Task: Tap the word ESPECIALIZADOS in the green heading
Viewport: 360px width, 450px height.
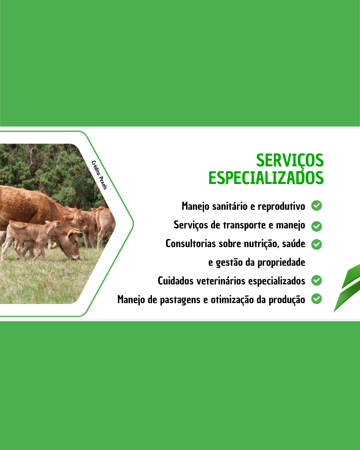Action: point(266,178)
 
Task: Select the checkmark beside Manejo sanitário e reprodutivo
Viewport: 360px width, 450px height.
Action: point(316,206)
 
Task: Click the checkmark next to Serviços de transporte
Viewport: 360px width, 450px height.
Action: point(316,226)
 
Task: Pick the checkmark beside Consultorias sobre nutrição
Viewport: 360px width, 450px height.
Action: point(316,244)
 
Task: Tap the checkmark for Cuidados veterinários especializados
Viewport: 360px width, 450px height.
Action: point(316,280)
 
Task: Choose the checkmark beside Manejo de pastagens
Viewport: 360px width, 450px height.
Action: point(316,299)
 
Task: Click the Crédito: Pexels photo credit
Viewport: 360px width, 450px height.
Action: point(99,175)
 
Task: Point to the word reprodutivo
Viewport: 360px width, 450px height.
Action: point(281,207)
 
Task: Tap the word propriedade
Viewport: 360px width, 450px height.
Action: point(281,263)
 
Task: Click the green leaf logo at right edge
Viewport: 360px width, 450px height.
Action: point(347,288)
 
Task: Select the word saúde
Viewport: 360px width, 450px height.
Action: point(293,244)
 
